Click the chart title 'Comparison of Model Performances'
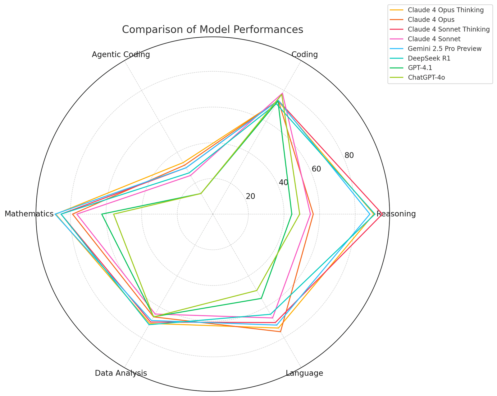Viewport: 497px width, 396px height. [x=212, y=30]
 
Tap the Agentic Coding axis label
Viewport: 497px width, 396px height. [x=121, y=55]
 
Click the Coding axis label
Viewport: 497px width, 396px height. [x=305, y=55]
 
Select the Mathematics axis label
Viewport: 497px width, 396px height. [x=29, y=214]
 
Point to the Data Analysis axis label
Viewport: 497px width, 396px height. [x=121, y=373]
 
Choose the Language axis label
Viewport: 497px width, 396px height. [x=304, y=373]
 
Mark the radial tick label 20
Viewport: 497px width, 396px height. [x=250, y=196]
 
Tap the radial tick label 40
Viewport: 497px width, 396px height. [x=283, y=182]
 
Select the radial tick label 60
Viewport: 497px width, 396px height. [x=316, y=169]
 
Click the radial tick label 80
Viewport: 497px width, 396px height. [x=349, y=155]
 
